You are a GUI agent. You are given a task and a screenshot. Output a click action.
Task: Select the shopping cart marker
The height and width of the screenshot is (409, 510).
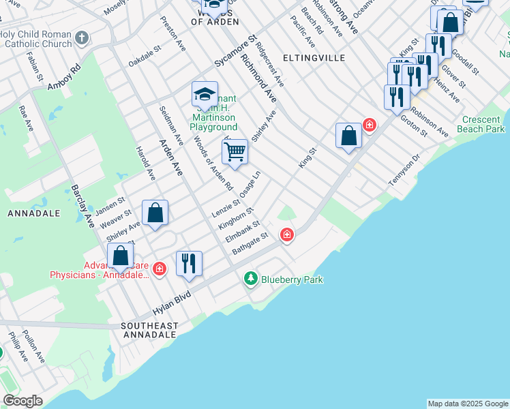[235, 151]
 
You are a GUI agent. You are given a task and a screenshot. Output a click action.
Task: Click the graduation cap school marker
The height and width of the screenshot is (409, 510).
[205, 94]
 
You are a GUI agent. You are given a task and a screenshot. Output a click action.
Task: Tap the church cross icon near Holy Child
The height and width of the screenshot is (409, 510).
[81, 38]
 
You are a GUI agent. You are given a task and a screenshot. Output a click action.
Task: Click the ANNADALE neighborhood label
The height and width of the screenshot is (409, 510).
[34, 213]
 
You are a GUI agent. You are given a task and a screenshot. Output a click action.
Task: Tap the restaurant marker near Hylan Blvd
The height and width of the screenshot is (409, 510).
[189, 263]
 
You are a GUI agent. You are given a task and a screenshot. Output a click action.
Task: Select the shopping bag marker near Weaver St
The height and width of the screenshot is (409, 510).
[155, 213]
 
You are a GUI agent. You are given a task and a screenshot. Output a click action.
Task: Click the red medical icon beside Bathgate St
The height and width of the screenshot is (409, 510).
[287, 235]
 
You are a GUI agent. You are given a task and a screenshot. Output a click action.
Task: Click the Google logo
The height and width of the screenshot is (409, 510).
[22, 401]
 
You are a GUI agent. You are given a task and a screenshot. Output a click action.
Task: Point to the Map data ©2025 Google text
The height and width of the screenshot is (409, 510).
[468, 404]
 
